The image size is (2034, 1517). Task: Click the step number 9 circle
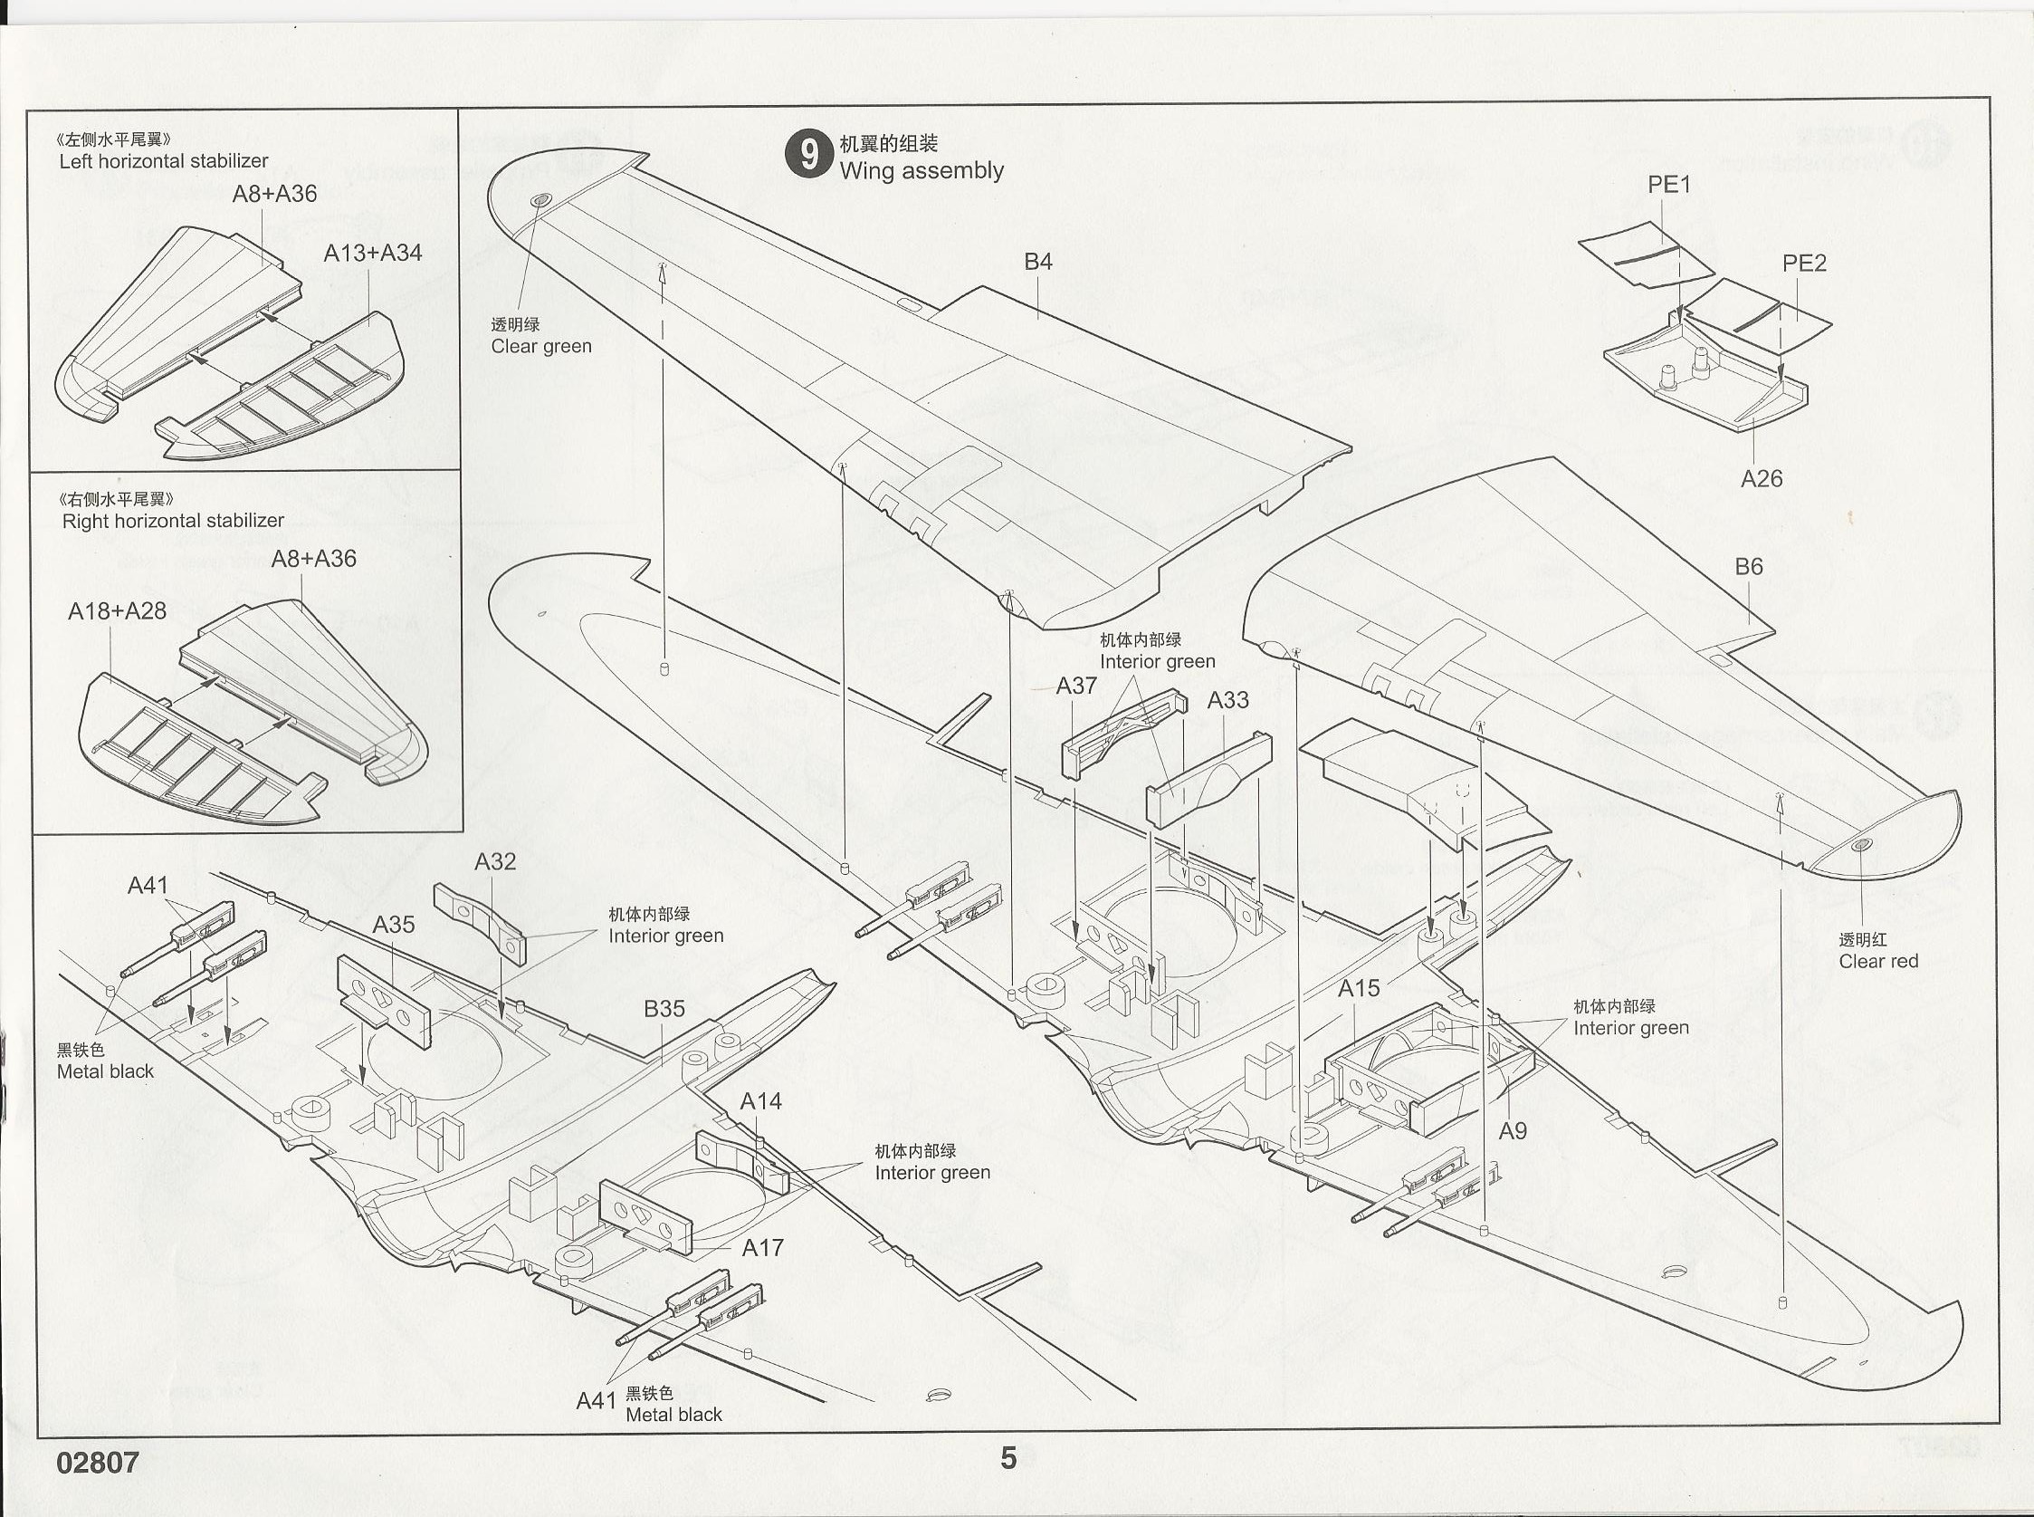808,155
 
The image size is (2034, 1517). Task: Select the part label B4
1038,262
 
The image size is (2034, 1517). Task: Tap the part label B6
1749,567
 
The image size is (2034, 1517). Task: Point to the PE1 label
1668,185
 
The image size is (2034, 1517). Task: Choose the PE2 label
1803,264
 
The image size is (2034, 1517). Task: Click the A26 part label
1762,478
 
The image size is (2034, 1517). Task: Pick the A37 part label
1075,686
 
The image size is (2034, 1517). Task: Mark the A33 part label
1227,701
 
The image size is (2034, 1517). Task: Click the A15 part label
1359,989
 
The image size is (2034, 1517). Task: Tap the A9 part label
1513,1131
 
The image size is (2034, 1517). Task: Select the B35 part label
664,1009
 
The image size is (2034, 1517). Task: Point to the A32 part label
495,861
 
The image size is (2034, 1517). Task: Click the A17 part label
762,1248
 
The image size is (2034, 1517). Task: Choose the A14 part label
761,1101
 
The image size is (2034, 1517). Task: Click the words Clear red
1878,962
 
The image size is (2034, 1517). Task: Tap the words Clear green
540,346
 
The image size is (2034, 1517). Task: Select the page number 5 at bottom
1007,1458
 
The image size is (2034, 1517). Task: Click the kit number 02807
97,1462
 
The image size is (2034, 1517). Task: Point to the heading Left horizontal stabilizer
163,160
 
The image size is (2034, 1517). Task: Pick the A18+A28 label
117,611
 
